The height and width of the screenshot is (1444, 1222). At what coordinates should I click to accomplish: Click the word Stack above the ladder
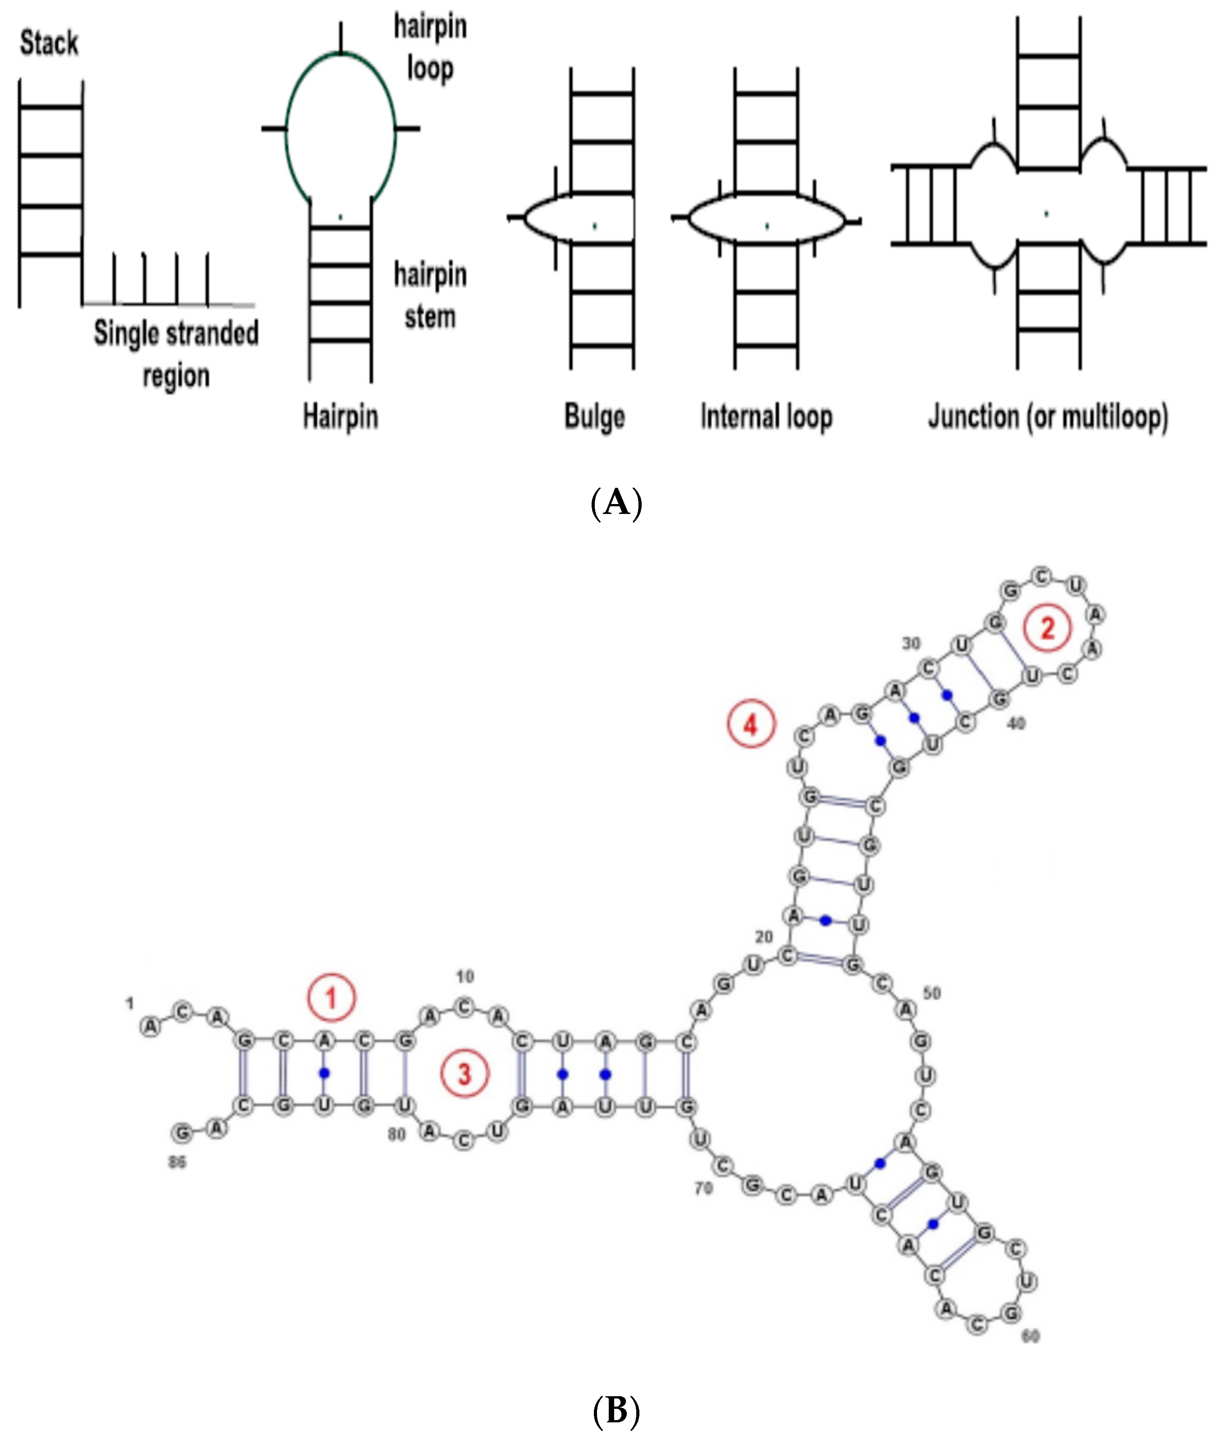(x=49, y=43)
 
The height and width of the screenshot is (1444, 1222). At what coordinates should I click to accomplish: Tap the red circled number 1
(x=331, y=998)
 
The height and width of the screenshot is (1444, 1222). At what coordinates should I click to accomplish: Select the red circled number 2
(x=1047, y=628)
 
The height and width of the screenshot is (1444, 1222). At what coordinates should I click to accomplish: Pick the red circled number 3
(x=464, y=1073)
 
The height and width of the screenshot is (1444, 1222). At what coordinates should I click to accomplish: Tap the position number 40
(x=1015, y=724)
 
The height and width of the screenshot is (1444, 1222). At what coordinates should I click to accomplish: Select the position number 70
(x=704, y=1188)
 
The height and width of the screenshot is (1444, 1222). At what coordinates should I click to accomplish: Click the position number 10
(x=465, y=976)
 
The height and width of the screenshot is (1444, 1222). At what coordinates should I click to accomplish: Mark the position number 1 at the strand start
(x=129, y=1003)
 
